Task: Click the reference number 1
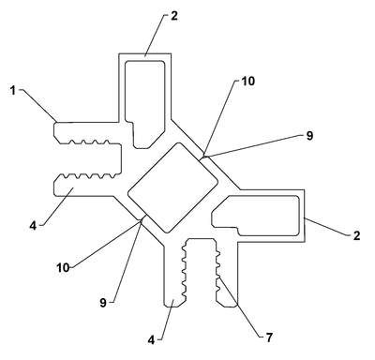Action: coord(12,91)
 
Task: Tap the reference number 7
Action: coord(269,337)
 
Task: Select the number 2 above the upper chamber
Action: coord(174,16)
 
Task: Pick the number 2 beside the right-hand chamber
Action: coord(356,235)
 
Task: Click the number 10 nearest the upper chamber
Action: coord(248,82)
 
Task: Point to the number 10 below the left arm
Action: coord(63,267)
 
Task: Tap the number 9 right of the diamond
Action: coord(309,136)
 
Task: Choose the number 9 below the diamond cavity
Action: coord(103,303)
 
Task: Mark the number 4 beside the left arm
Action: coord(33,226)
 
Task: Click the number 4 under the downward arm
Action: coord(151,339)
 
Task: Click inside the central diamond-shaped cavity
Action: coord(172,187)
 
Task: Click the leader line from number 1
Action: coord(39,105)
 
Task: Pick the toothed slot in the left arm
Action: coord(86,159)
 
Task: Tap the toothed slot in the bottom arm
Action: coord(200,270)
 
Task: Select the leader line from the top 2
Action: coord(155,36)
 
